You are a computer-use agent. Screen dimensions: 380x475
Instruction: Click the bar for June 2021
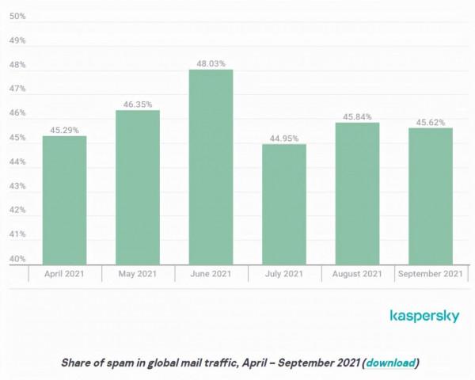[x=211, y=167]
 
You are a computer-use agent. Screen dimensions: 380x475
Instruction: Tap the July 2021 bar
[x=283, y=204]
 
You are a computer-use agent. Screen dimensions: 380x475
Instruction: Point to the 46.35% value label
[x=138, y=103]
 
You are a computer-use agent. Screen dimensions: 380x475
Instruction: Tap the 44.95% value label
[x=283, y=137]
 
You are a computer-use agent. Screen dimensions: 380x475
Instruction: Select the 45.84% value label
[x=357, y=116]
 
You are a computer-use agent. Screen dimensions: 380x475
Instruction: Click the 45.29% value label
[x=65, y=129]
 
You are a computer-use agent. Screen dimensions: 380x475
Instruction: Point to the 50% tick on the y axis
[x=17, y=16]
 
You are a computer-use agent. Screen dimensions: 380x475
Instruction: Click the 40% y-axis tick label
[x=17, y=259]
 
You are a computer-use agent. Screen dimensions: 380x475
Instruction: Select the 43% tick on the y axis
[x=17, y=186]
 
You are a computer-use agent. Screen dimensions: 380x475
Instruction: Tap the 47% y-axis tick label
[x=17, y=89]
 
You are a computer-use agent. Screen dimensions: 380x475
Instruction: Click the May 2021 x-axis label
[x=138, y=274]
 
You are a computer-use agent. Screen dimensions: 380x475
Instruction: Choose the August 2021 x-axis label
[x=357, y=274]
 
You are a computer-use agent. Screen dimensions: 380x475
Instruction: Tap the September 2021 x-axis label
[x=430, y=274]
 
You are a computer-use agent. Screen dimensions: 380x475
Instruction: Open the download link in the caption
[x=390, y=363]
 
